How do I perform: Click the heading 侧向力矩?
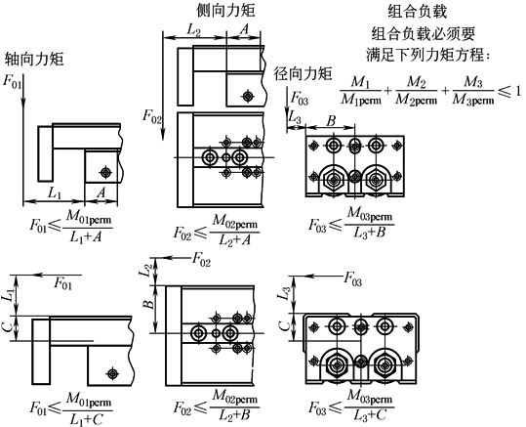point(225,11)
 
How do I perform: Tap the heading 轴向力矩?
point(34,59)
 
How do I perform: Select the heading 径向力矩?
point(303,73)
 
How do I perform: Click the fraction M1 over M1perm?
point(361,91)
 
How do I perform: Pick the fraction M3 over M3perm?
point(473,91)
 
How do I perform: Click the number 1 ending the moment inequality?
point(517,91)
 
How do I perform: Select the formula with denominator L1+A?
point(71,226)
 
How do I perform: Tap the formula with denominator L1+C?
point(71,408)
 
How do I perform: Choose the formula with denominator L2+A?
point(216,230)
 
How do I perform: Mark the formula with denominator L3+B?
point(351,223)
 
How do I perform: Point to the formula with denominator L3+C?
point(351,405)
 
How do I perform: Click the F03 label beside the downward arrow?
point(299,99)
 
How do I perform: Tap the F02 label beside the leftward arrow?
point(201,259)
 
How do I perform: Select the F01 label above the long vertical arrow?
point(12,82)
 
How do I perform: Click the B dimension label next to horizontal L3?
point(331,121)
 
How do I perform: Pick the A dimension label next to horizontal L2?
point(245,29)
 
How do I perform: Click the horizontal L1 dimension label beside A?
point(55,193)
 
